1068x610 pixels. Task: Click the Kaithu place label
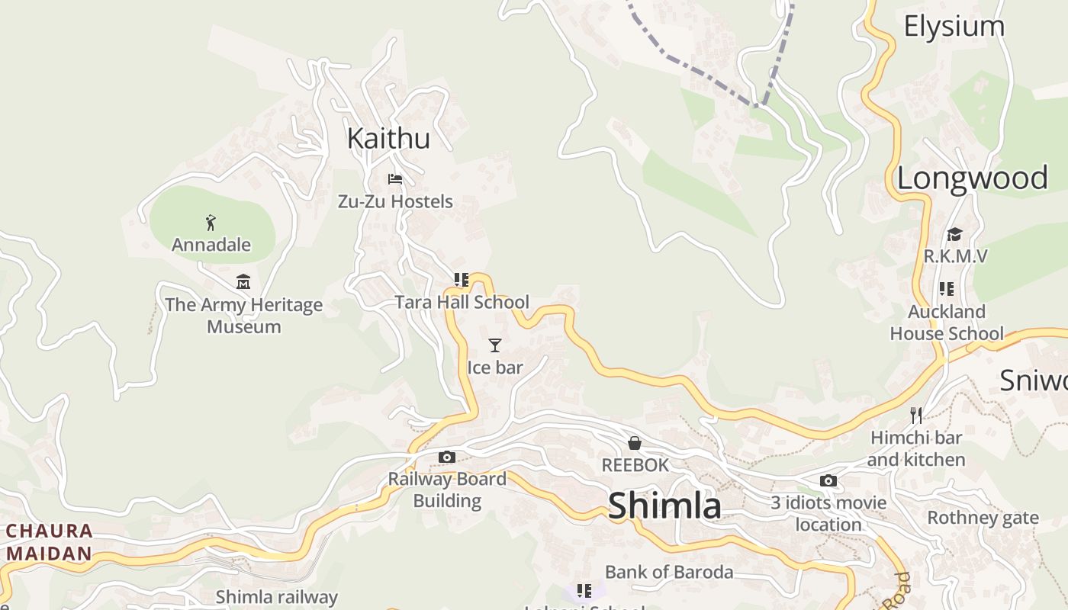[388, 139]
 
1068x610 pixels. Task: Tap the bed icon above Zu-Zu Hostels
[395, 179]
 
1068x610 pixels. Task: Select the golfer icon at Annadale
[211, 223]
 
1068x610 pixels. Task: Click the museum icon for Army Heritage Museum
[243, 282]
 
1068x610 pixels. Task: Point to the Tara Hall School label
[462, 302]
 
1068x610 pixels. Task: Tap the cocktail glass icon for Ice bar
[495, 345]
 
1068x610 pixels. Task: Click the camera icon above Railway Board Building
[447, 457]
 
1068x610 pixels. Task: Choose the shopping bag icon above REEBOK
[634, 443]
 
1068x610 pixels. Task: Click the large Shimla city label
[664, 506]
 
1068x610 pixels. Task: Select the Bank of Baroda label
[669, 572]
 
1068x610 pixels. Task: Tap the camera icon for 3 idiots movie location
[828, 481]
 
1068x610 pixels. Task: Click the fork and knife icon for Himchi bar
[916, 416]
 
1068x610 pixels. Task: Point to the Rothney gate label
[983, 518]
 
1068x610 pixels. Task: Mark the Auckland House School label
[947, 323]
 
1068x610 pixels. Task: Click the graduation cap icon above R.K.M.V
[954, 234]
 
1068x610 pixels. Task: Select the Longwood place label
[972, 178]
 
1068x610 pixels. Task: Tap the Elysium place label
[954, 27]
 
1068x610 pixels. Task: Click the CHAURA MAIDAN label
[50, 542]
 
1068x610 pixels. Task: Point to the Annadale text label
[211, 245]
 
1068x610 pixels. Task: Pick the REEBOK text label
[635, 465]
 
